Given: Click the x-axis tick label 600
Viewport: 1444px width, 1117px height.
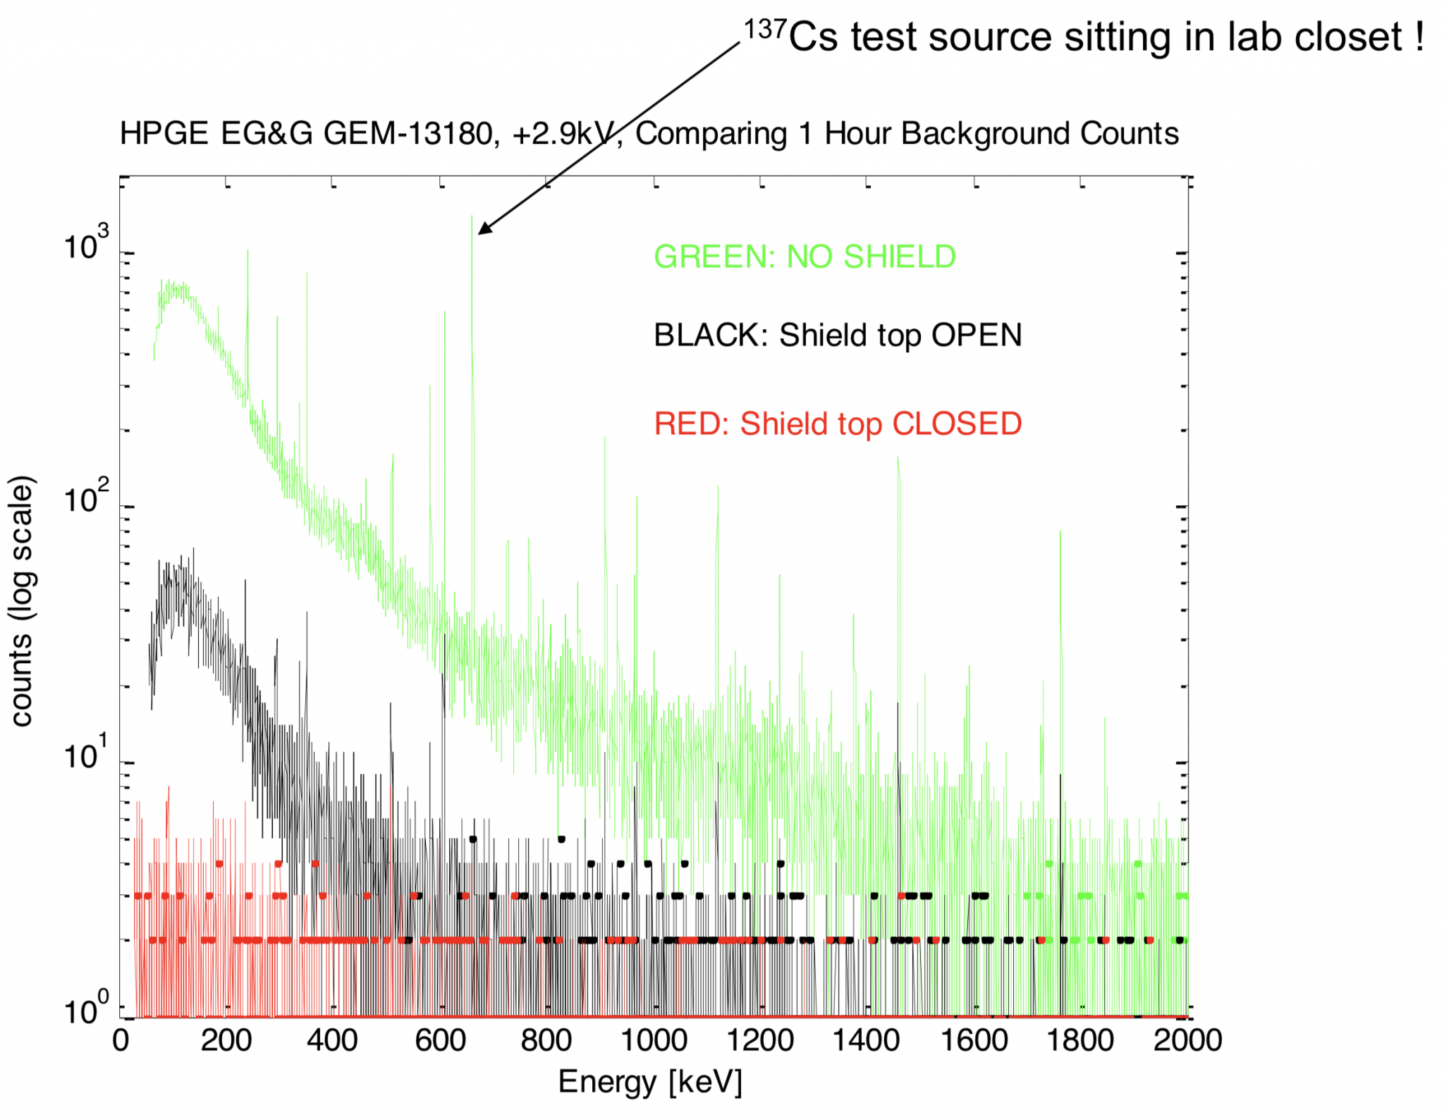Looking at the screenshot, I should tap(440, 1041).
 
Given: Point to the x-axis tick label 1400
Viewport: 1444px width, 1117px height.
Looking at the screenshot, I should tap(866, 1041).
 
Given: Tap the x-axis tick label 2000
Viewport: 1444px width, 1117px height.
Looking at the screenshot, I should tap(1187, 1041).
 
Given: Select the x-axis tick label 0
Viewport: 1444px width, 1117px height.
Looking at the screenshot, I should tap(121, 1041).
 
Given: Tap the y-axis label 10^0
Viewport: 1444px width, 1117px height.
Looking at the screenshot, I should tap(86, 1009).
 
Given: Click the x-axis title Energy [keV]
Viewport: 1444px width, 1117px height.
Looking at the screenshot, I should tap(650, 1082).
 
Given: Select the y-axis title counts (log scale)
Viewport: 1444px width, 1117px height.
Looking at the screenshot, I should tap(23, 600).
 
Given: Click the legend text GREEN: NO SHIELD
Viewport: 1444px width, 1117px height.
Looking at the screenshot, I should tap(804, 257).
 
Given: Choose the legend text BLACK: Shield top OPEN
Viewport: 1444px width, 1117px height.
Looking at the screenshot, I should tap(838, 335).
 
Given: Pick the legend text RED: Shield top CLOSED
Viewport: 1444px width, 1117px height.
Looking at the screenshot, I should tap(838, 424).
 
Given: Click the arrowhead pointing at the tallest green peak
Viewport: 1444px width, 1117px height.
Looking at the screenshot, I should tap(484, 230).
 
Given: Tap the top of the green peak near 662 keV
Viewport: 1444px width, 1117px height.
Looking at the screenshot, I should tap(472, 218).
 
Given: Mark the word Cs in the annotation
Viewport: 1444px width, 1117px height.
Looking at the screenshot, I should tap(812, 38).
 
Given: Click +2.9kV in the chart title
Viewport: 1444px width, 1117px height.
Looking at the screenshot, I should tap(567, 134).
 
